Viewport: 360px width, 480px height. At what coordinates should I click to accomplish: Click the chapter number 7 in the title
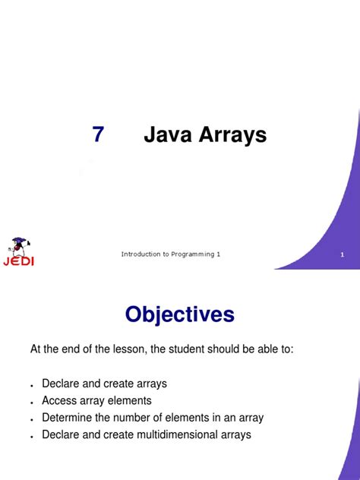point(98,135)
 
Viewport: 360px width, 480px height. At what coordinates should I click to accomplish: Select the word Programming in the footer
point(192,254)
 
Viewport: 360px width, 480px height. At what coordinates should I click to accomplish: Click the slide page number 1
point(343,254)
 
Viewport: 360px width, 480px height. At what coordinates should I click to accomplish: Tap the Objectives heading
point(180,314)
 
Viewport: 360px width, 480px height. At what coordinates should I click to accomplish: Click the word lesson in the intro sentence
point(120,349)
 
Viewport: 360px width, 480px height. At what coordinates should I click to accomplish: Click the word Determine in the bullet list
point(67,418)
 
